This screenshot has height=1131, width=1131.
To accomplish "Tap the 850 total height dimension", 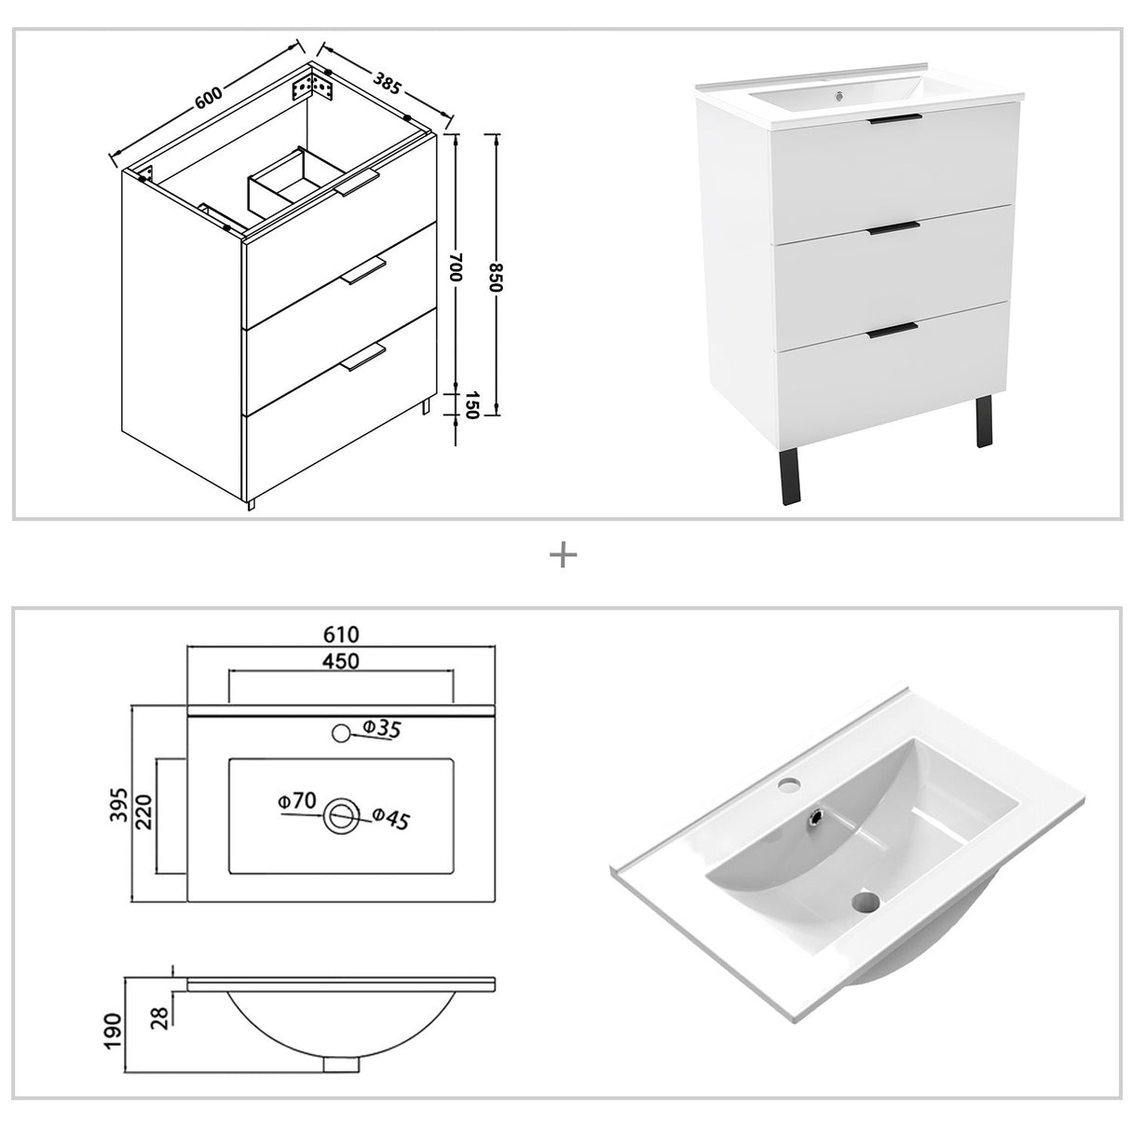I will (x=496, y=277).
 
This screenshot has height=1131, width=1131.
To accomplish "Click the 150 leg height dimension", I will (x=470, y=406).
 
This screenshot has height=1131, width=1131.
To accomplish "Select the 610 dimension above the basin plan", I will (x=341, y=634).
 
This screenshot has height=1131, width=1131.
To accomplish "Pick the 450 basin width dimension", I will (x=341, y=661).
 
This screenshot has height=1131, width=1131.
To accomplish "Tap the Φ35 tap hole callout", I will (x=380, y=729).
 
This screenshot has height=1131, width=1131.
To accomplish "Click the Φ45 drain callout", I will (x=391, y=820).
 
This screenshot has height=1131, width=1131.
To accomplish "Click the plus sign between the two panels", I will (x=564, y=556).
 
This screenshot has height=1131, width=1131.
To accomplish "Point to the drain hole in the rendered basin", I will (x=866, y=902).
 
